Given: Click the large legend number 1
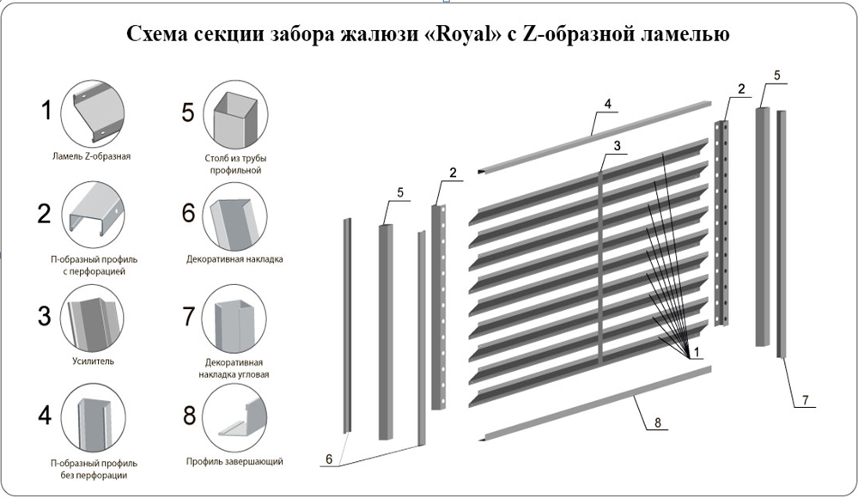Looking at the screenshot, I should point(49,109).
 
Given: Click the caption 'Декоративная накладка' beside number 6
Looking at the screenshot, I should point(234,258).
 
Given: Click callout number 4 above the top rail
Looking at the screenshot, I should point(607,104).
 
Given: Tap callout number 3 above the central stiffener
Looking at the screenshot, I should point(616,146).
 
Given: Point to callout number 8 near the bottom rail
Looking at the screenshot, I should point(657,422).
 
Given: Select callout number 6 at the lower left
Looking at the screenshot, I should point(326,460).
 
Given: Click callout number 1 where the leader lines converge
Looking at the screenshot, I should point(697,352).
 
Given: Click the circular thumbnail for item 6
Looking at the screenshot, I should point(234,216).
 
